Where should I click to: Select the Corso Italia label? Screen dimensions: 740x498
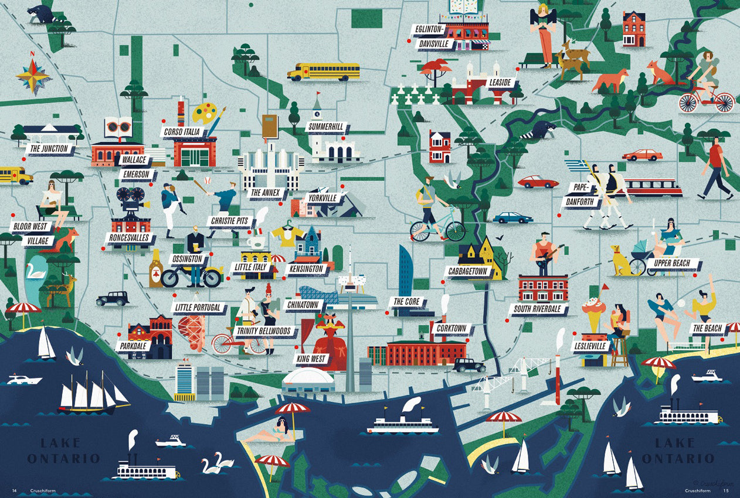point(182,132)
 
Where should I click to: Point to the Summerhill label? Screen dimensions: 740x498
point(326,126)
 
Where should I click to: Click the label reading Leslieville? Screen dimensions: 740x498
point(590,346)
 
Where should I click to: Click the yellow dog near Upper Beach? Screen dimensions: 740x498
point(619,262)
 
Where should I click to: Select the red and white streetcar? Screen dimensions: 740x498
point(652,187)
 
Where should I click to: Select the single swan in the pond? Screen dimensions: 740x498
point(36,271)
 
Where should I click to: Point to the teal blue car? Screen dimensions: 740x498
point(512,218)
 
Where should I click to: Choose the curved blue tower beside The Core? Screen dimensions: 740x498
point(406,271)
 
